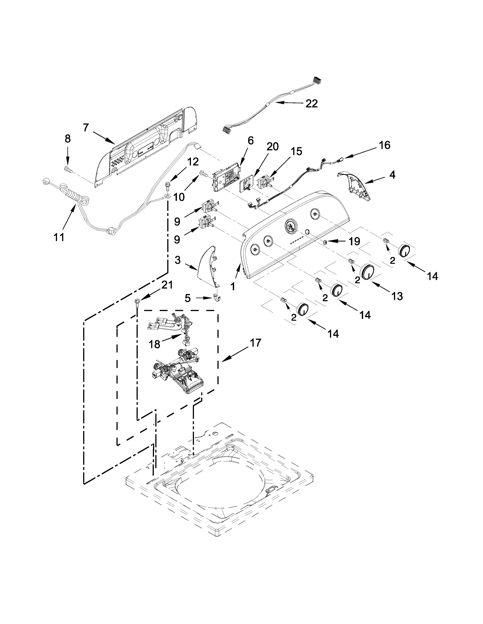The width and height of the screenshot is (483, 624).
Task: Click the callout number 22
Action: tap(311, 104)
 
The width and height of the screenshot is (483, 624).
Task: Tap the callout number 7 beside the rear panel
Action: tap(86, 127)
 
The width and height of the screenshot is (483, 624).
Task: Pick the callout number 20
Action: tap(272, 147)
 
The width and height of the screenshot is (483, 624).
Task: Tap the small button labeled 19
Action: tap(325, 242)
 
